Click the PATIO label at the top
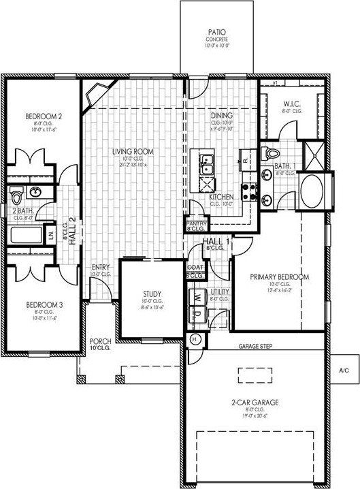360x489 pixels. [x=217, y=32]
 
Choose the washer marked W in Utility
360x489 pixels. [x=197, y=298]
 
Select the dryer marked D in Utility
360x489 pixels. [x=197, y=314]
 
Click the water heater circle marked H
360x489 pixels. [x=195, y=338]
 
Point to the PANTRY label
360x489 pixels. [x=196, y=223]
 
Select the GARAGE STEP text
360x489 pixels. [x=255, y=347]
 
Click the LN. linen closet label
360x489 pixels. [x=51, y=235]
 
